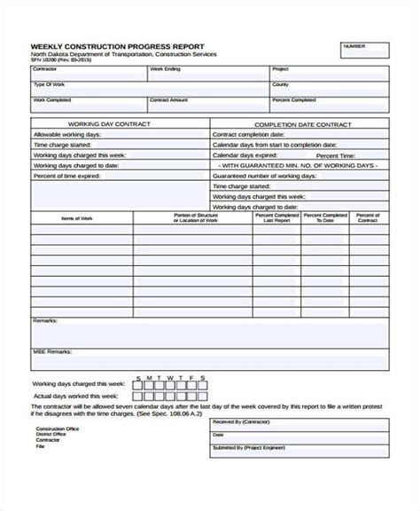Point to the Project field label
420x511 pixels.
[x=281, y=68]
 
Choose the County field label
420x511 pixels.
[x=281, y=84]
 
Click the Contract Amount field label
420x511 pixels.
[x=169, y=100]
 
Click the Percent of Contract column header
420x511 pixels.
[x=368, y=216]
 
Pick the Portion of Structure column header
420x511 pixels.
[x=192, y=216]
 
